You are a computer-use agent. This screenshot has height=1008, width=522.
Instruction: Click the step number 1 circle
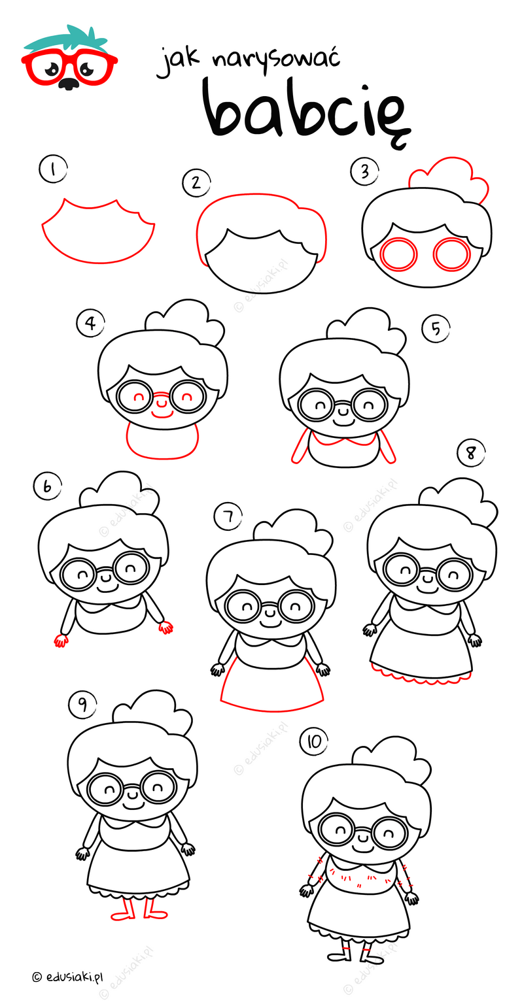[53, 170]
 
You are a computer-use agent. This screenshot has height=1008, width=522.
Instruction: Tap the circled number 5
[436, 328]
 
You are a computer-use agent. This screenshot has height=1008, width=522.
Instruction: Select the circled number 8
[471, 453]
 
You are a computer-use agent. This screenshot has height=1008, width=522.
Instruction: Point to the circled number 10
[314, 741]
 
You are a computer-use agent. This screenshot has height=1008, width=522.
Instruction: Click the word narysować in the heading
[276, 61]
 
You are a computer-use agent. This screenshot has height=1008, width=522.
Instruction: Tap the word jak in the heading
[178, 63]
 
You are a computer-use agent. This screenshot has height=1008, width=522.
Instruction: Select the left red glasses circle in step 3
[398, 254]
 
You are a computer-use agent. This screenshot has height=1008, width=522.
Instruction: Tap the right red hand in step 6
[165, 627]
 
